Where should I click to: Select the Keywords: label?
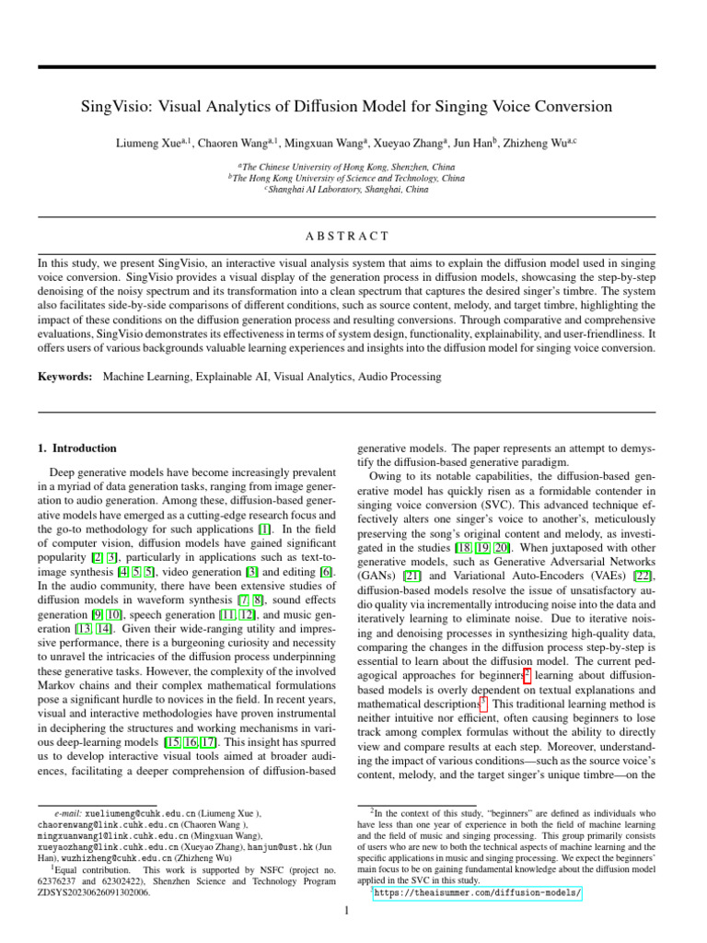pyautogui.click(x=65, y=377)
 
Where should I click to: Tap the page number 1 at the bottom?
pyautogui.click(x=346, y=912)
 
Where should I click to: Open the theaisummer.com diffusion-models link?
pyautogui.click(x=476, y=892)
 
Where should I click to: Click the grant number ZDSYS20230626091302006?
pyautogui.click(x=95, y=892)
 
